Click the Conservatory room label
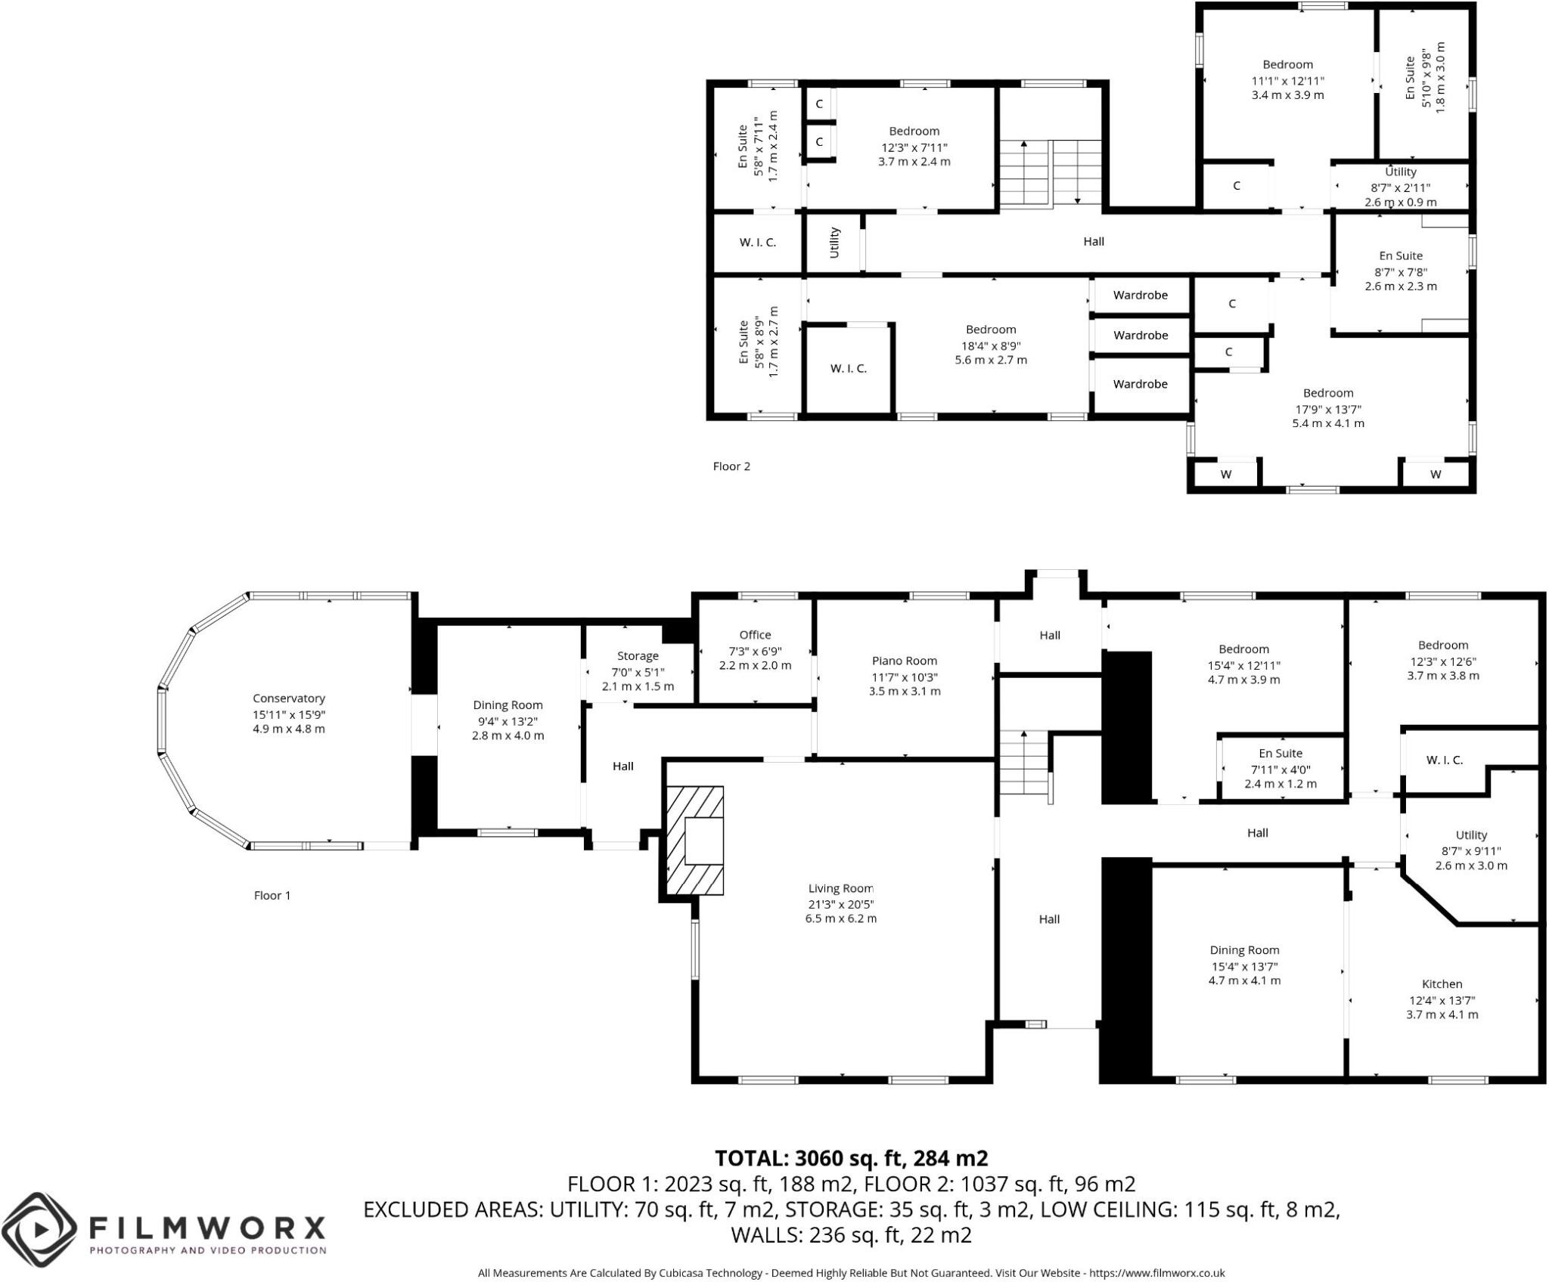pyautogui.click(x=289, y=698)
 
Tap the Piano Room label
pyautogui.click(x=905, y=661)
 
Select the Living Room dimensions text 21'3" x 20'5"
pyautogui.click(x=840, y=904)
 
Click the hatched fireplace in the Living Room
pyautogui.click(x=694, y=841)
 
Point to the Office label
pyautogui.click(x=755, y=635)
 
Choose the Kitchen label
pyautogui.click(x=1442, y=984)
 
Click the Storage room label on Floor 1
pyautogui.click(x=638, y=656)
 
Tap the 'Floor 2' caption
pyautogui.click(x=731, y=466)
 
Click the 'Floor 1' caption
pyautogui.click(x=272, y=896)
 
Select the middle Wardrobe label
pyautogui.click(x=1141, y=335)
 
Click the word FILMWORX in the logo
pyautogui.click(x=207, y=1226)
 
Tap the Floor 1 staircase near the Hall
pyautogui.click(x=1024, y=765)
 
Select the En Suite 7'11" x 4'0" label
pyautogui.click(x=1280, y=753)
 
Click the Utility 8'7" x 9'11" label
pyautogui.click(x=1471, y=835)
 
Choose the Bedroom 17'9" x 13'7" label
pyautogui.click(x=1328, y=393)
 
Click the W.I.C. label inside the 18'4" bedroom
pyautogui.click(x=848, y=369)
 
